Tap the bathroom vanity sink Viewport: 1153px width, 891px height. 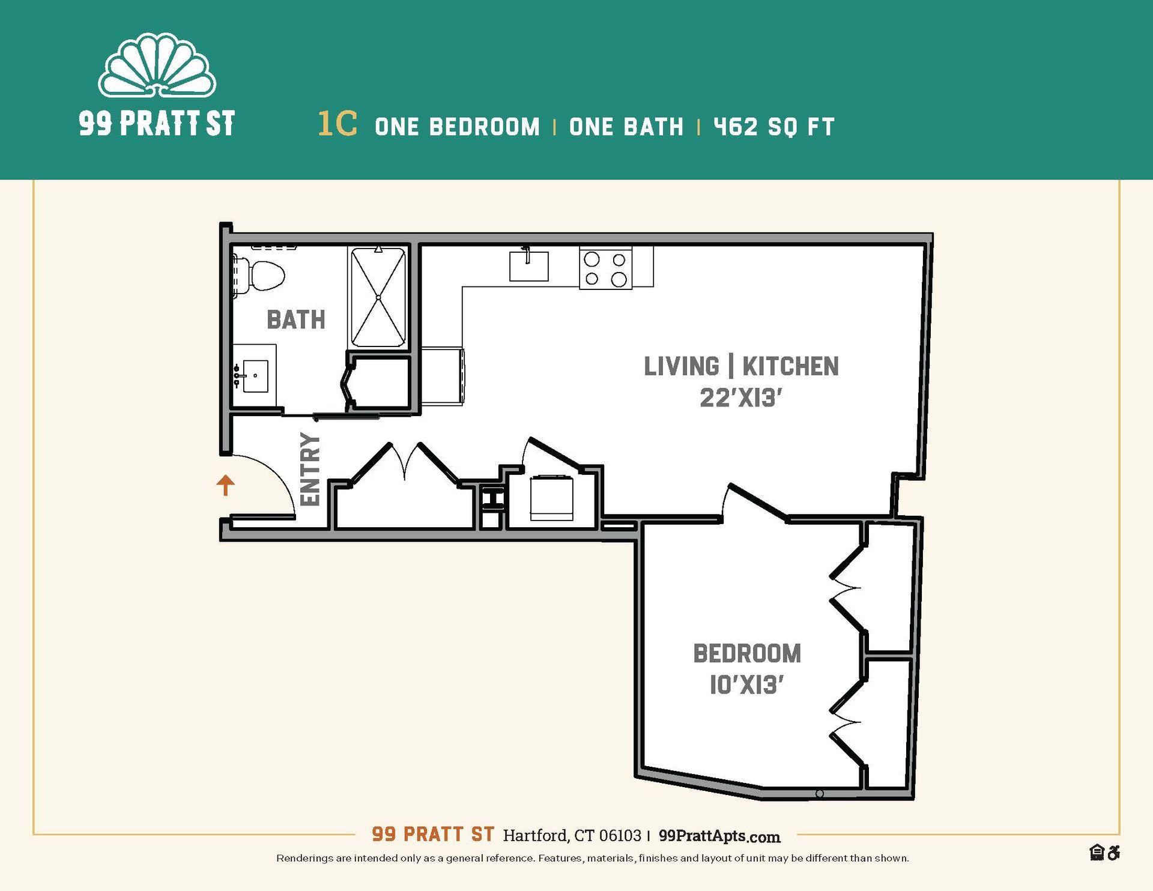255,376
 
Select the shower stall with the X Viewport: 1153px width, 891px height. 378,297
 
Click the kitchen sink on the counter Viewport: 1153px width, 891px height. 528,266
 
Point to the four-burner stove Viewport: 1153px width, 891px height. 605,268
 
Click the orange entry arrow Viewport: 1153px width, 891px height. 225,485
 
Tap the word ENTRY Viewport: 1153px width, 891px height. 310,469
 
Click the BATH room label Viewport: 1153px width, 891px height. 295,319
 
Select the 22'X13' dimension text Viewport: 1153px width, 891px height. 741,398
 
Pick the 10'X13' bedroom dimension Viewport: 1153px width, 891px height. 746,684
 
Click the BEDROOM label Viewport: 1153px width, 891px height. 746,653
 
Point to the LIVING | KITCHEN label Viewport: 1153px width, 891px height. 741,366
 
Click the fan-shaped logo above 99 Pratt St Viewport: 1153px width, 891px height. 157,68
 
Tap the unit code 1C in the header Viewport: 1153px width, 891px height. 337,124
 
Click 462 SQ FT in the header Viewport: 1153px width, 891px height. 773,127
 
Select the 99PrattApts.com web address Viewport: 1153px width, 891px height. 719,836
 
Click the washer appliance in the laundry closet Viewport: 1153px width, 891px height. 551,497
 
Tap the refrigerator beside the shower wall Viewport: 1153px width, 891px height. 443,376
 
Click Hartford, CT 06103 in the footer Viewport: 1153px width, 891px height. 572,835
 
